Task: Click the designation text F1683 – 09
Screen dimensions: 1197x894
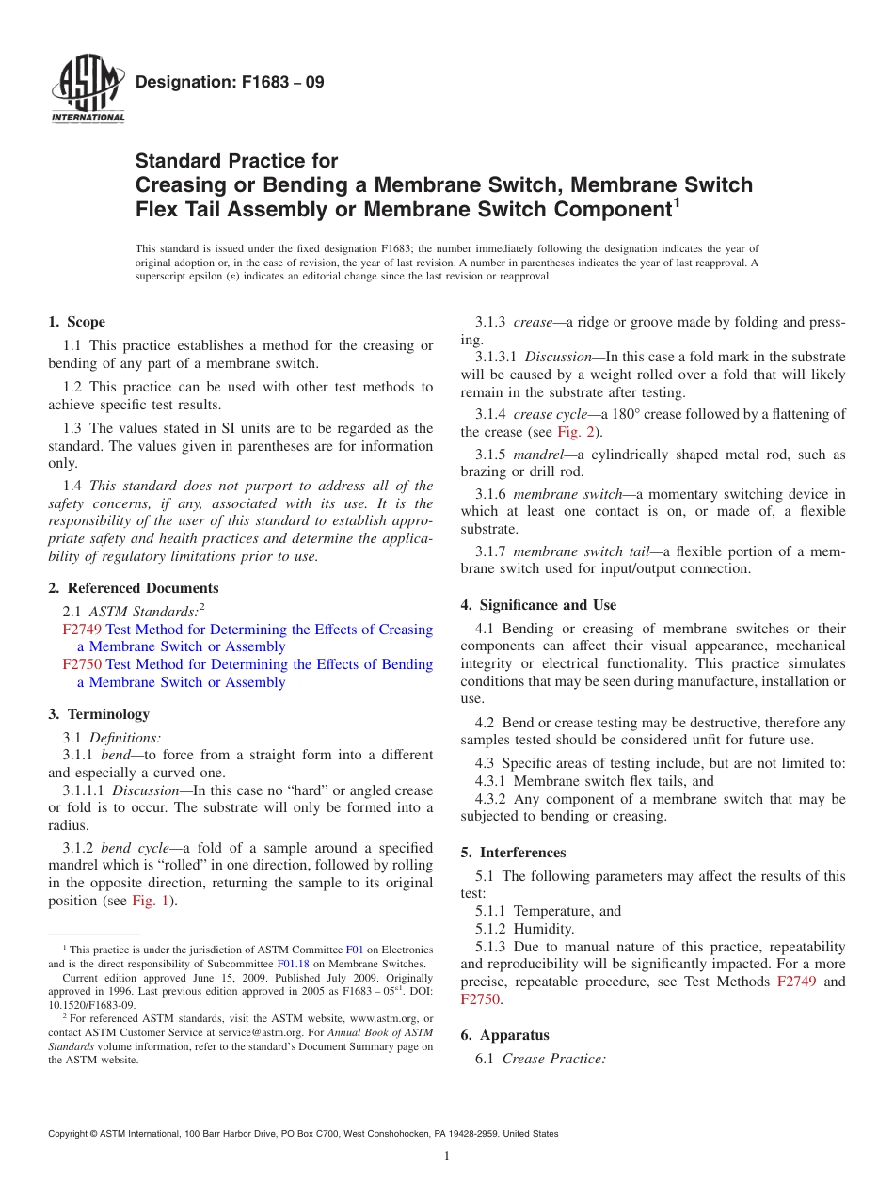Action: click(230, 83)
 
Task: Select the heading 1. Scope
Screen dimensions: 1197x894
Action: click(77, 322)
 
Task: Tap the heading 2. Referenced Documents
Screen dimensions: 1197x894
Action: click(133, 588)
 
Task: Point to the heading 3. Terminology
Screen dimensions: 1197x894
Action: click(98, 714)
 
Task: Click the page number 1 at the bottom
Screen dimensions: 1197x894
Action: click(447, 1157)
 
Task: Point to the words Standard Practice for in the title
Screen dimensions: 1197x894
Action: click(236, 161)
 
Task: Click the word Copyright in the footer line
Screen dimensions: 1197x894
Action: click(71, 1134)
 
